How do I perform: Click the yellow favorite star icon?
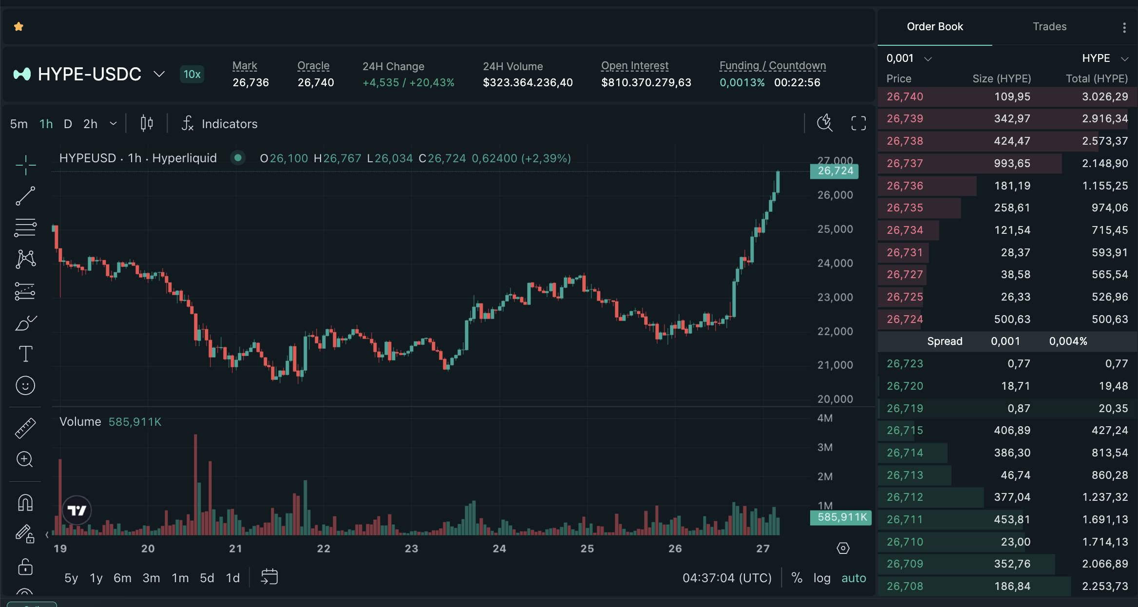point(19,27)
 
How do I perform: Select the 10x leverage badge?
point(192,74)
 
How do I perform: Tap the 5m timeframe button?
point(19,124)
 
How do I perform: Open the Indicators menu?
point(220,124)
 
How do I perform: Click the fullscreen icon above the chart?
point(858,123)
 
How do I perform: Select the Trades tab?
point(1049,27)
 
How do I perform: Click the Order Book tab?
point(934,27)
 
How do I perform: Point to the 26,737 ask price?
point(905,163)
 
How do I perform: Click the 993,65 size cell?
point(1012,163)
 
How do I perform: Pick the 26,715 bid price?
point(905,430)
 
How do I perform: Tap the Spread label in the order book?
point(945,341)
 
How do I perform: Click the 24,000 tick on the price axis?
point(835,263)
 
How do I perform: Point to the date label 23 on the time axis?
point(411,549)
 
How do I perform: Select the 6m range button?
point(122,578)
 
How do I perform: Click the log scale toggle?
point(822,578)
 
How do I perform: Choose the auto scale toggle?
point(853,578)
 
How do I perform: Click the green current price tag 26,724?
point(835,171)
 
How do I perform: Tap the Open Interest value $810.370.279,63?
point(646,82)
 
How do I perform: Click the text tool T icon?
point(25,354)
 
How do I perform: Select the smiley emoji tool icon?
point(25,385)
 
